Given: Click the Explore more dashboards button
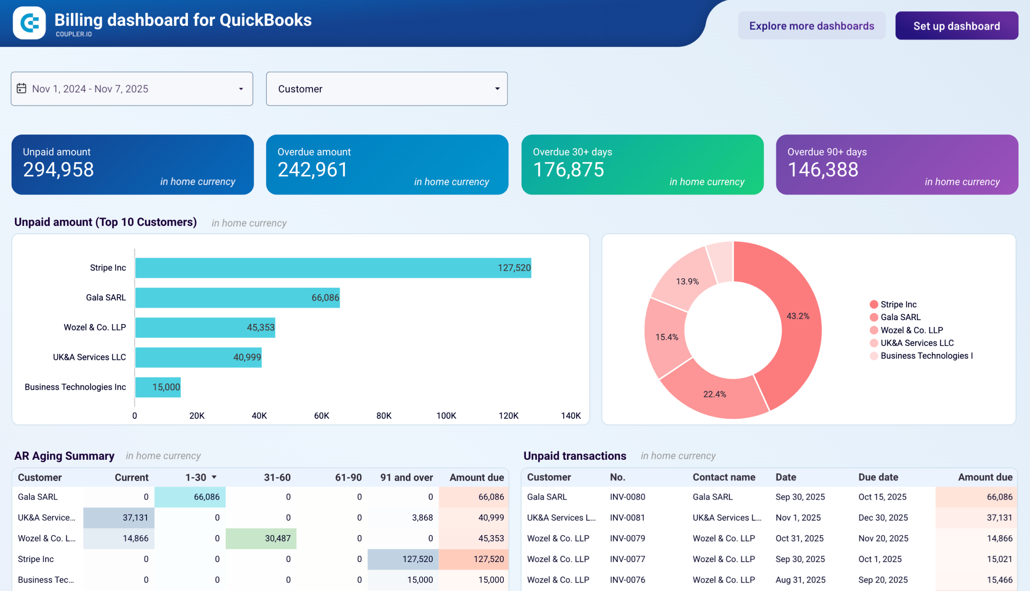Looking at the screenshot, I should [x=811, y=26].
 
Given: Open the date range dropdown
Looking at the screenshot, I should [x=132, y=89].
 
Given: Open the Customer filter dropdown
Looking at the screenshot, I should [x=386, y=89].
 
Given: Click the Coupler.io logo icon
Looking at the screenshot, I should [x=29, y=23].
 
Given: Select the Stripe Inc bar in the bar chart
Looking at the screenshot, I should [x=333, y=268].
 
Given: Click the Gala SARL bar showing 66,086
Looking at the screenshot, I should [x=237, y=298].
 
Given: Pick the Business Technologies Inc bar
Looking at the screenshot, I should [x=157, y=387].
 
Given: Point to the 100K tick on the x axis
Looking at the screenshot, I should [x=446, y=415].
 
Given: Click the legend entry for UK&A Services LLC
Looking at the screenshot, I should [x=917, y=343].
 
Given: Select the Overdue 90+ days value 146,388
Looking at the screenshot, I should [x=822, y=169].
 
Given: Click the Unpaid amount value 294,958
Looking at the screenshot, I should [x=58, y=169].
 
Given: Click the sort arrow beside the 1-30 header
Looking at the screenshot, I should [x=214, y=477].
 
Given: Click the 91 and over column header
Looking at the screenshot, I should [x=406, y=477].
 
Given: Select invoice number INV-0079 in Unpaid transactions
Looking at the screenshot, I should [x=627, y=538].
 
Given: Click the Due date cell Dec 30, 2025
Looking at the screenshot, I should [x=883, y=518].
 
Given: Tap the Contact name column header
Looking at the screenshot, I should [x=723, y=477].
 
